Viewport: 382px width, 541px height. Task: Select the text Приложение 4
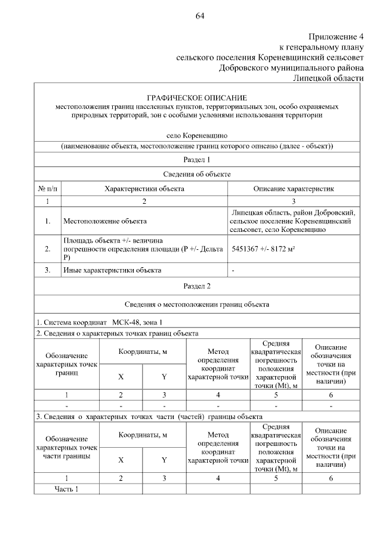coord(335,36)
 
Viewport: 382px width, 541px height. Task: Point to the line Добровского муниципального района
coord(291,68)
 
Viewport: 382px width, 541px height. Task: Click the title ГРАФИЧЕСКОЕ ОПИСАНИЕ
coord(197,97)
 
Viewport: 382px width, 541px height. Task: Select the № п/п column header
coord(47,188)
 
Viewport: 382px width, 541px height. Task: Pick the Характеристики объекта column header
coord(144,188)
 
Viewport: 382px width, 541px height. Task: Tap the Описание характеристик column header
coord(294,188)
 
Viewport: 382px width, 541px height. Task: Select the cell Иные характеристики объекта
coord(112,270)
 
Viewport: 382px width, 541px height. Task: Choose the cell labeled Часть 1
coord(66,490)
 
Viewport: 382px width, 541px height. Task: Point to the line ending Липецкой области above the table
coord(328,78)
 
